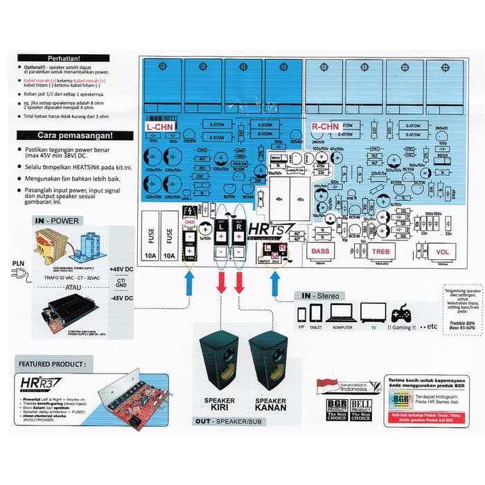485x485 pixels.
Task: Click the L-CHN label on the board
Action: point(160,128)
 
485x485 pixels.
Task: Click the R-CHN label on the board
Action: point(324,127)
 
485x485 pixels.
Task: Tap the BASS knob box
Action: point(321,251)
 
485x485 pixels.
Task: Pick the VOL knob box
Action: point(441,252)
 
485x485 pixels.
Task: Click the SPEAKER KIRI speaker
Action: point(220,364)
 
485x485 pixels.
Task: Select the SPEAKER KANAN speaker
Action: point(270,364)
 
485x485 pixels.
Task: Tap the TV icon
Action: point(373,312)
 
